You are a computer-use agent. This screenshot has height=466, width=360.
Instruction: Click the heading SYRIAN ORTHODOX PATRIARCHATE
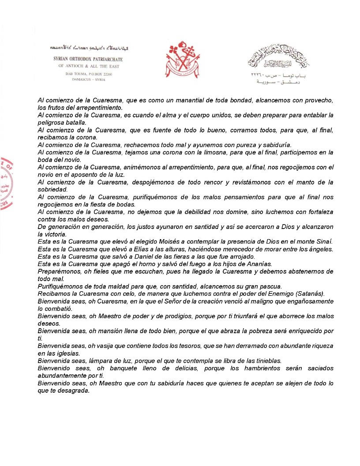[88, 59]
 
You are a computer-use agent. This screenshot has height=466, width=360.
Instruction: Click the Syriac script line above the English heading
[88, 47]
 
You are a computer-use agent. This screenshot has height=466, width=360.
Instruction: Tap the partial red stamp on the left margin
[6, 183]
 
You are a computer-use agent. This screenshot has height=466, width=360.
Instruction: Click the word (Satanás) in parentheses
[308, 293]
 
